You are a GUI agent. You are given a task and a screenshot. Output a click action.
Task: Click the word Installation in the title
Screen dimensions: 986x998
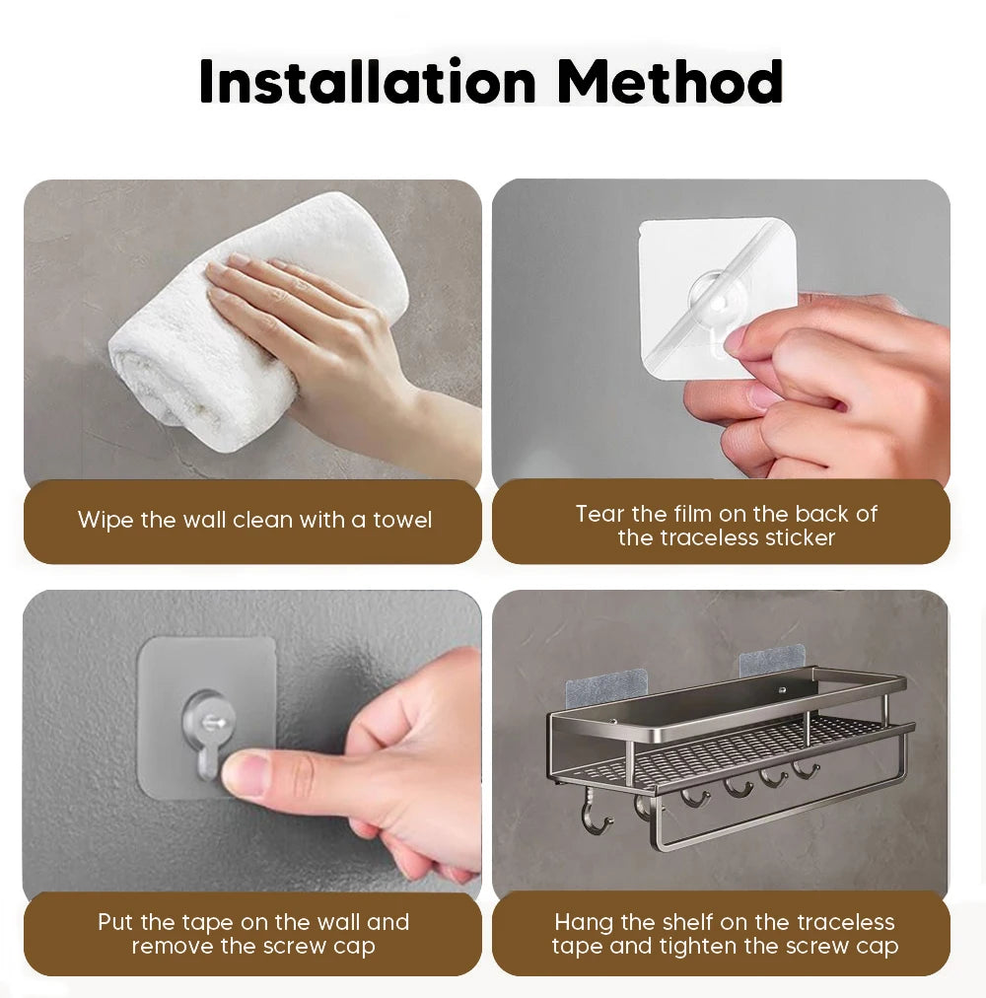[368, 82]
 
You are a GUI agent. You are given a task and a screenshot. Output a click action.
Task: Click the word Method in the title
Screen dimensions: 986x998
[669, 82]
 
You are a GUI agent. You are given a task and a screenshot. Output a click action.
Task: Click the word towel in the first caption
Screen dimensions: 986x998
[402, 520]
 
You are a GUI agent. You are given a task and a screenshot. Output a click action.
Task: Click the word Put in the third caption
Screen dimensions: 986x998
[115, 922]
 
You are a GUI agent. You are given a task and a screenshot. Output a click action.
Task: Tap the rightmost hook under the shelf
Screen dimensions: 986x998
[806, 769]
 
